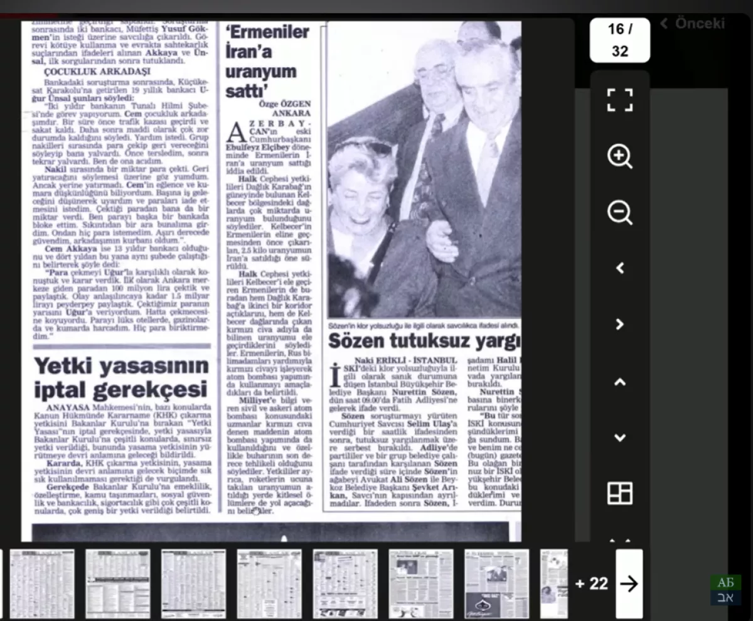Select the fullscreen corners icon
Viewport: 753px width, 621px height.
(x=620, y=100)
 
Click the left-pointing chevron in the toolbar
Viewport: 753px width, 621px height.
(x=619, y=268)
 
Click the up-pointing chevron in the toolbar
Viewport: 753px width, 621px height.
(x=619, y=382)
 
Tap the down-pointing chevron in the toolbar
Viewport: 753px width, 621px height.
(x=619, y=438)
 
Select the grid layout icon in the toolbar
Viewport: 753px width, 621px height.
(x=620, y=493)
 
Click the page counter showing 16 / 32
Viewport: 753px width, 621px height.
(x=620, y=40)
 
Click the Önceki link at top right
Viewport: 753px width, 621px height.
(x=693, y=24)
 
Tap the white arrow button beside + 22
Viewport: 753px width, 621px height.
(x=629, y=583)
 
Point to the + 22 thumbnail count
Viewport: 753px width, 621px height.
(x=591, y=583)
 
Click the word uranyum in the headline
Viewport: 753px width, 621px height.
(x=260, y=72)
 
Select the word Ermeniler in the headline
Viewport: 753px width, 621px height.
(x=268, y=32)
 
